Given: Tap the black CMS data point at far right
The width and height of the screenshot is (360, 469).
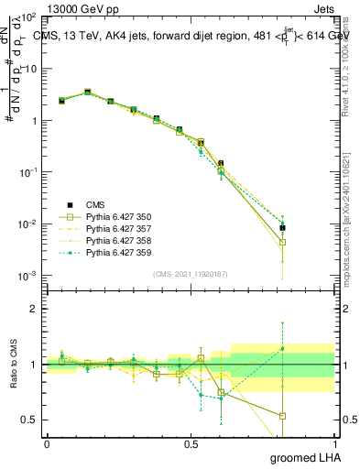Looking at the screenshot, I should click(283, 228).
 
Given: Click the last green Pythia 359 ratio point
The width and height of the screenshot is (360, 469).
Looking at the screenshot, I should click(283, 348).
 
